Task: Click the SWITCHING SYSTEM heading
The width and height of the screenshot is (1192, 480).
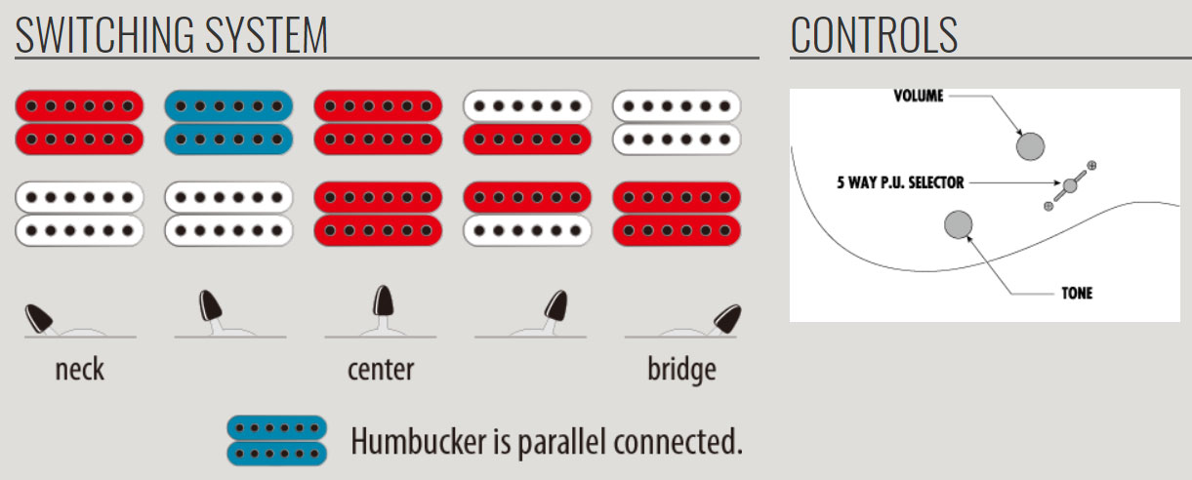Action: tap(172, 35)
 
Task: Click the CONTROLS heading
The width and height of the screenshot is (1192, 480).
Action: tap(874, 35)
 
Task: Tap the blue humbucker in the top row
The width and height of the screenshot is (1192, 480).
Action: tap(228, 122)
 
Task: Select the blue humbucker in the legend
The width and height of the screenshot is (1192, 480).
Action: tap(276, 440)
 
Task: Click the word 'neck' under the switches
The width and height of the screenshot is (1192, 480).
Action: tap(80, 371)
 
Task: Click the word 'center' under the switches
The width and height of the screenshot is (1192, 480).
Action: tap(380, 371)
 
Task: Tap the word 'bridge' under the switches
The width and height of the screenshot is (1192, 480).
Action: tap(681, 371)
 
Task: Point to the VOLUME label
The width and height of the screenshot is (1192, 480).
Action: tap(920, 96)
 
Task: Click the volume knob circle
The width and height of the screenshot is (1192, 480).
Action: tap(1029, 146)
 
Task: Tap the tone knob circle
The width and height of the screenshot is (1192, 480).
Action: tap(959, 224)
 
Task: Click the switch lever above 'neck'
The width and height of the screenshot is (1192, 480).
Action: tap(40, 317)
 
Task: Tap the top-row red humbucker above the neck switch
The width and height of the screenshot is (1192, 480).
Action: tap(79, 122)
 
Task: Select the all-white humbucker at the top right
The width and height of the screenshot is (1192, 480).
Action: tap(676, 122)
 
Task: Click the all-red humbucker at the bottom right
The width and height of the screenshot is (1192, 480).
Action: tap(676, 214)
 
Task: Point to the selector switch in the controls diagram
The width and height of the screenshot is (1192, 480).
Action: tap(1070, 184)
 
